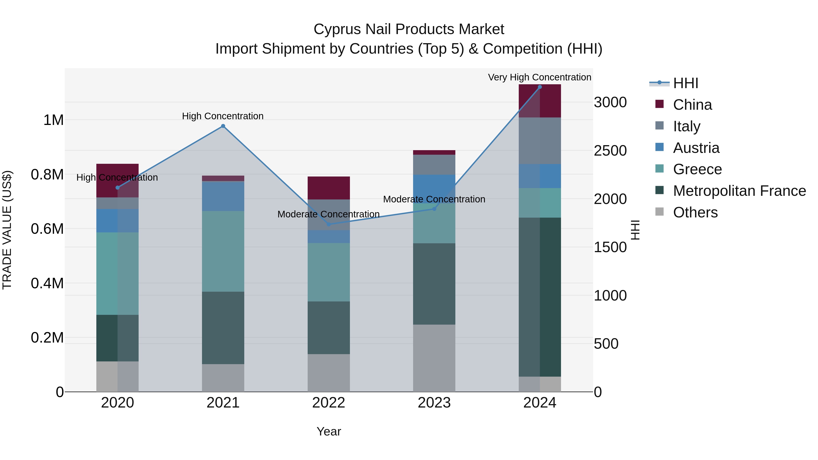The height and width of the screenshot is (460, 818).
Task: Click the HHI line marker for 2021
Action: (x=223, y=126)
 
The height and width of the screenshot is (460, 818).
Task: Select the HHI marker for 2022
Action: (x=329, y=224)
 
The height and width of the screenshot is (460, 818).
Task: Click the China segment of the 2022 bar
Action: (x=329, y=188)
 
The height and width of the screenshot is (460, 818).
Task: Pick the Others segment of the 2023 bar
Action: (x=434, y=358)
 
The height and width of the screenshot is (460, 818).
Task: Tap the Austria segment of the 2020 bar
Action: (x=117, y=221)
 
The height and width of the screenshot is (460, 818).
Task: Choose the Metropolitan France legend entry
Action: (x=739, y=191)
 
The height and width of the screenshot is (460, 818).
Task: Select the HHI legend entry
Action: (x=685, y=83)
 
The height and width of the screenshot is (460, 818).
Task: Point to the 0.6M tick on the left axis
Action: (x=47, y=229)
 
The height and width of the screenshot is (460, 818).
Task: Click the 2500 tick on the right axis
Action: (x=610, y=151)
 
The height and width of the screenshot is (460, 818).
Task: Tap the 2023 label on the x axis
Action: (x=434, y=403)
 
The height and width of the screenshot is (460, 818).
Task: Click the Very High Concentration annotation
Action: (x=539, y=77)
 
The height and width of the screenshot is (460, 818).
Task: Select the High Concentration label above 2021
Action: (x=223, y=116)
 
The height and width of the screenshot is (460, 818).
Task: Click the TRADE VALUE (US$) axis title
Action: (x=7, y=230)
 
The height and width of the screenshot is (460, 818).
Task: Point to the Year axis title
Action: (x=329, y=431)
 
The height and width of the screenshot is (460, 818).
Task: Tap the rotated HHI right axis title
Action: (x=635, y=230)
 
